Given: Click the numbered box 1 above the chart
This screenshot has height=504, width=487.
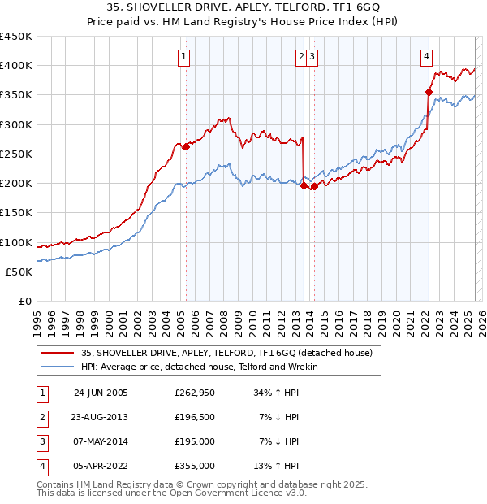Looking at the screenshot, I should pyautogui.click(x=185, y=57).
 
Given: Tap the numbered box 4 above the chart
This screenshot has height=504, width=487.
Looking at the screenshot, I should pyautogui.click(x=426, y=57).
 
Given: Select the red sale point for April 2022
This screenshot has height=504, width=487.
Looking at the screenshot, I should pyautogui.click(x=428, y=92).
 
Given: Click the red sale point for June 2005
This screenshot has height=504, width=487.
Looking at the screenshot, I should pyautogui.click(x=186, y=146).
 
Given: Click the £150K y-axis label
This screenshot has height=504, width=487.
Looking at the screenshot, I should pyautogui.click(x=16, y=213).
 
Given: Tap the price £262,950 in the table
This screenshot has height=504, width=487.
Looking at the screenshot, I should pyautogui.click(x=195, y=393).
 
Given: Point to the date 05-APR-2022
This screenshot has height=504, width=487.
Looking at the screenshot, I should pyautogui.click(x=101, y=466).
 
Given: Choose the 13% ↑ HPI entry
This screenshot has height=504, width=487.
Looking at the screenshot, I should pyautogui.click(x=276, y=466).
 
